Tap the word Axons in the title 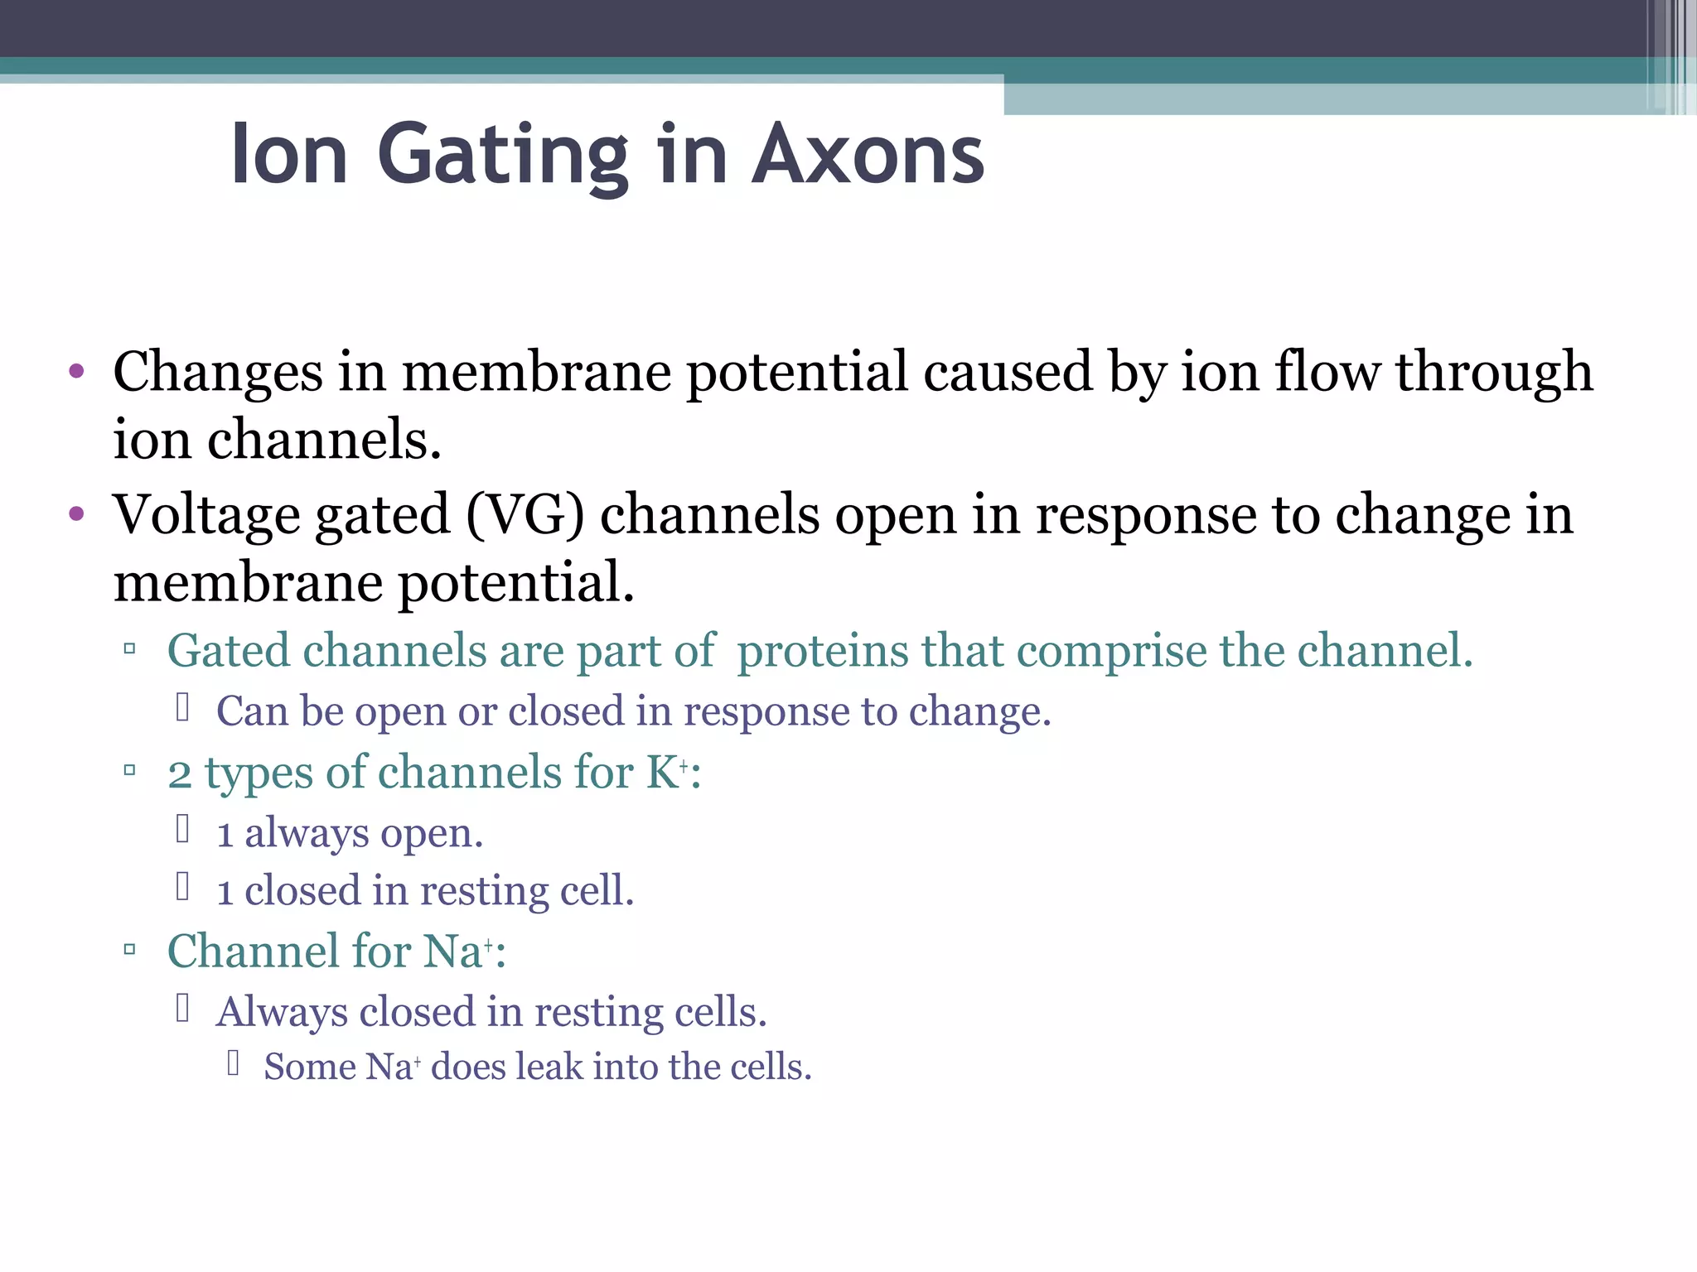tap(868, 156)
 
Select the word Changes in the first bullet tap(217, 373)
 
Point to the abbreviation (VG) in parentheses tap(525, 515)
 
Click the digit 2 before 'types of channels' tap(180, 774)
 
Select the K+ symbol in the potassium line tap(667, 772)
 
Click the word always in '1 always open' tap(307, 833)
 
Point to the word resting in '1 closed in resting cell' tap(484, 891)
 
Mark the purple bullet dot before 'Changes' tap(77, 371)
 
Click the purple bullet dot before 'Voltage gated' tap(77, 514)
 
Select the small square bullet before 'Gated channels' tap(129, 649)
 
